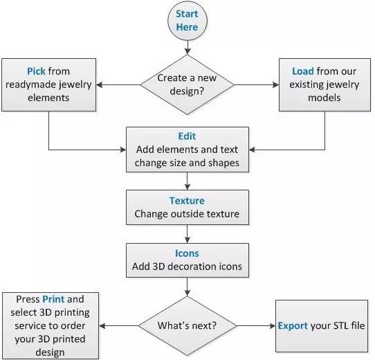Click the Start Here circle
click(x=187, y=21)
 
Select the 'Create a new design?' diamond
click(x=187, y=84)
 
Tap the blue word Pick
click(x=36, y=71)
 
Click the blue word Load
click(x=303, y=71)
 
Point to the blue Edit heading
click(x=187, y=136)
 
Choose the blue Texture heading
click(x=187, y=201)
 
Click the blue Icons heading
click(x=187, y=253)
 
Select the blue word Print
click(x=53, y=299)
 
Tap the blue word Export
click(x=293, y=326)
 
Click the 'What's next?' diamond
click(x=187, y=326)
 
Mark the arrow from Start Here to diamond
click(x=187, y=47)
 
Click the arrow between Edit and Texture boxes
click(x=187, y=181)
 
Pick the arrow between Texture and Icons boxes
click(x=187, y=234)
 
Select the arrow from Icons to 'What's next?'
click(x=187, y=287)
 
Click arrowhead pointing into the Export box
click(x=273, y=326)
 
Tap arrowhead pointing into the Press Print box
click(x=102, y=326)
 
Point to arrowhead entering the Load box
click(x=276, y=84)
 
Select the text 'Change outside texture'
click(x=187, y=214)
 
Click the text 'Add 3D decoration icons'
click(x=187, y=267)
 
